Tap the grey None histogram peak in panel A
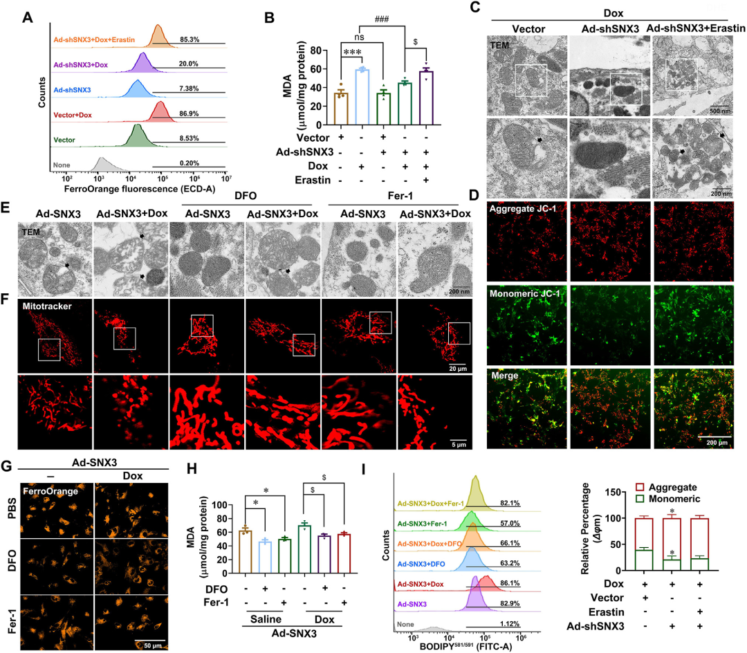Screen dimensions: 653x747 pos(102,166)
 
